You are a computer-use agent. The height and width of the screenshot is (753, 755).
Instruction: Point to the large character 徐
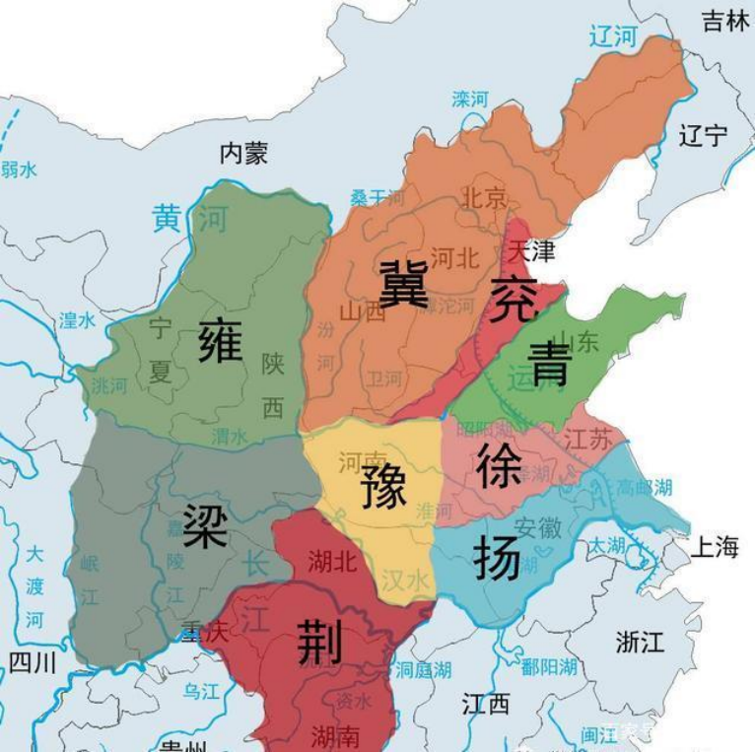498,461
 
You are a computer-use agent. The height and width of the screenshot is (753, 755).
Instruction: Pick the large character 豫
383,486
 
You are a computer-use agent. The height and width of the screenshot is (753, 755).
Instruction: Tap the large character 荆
319,642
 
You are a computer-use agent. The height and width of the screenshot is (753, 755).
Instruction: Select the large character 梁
205,525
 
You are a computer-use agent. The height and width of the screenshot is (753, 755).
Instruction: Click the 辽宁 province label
703,135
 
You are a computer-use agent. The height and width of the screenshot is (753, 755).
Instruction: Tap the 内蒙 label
243,153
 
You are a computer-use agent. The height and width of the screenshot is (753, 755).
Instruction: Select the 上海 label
714,547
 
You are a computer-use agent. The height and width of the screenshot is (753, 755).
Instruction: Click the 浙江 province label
640,642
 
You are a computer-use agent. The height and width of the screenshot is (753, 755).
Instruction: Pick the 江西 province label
486,704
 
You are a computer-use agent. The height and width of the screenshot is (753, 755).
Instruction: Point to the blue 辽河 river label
613,37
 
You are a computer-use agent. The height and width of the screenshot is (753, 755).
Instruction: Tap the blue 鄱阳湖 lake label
548,667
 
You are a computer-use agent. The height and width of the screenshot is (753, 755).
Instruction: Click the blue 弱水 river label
19,170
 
